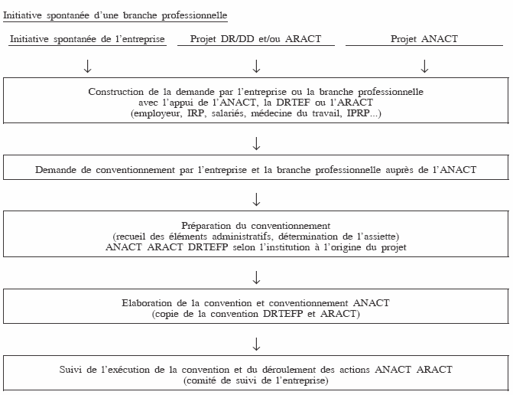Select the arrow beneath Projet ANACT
424,67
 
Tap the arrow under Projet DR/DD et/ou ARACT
256,67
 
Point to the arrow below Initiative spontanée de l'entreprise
88,67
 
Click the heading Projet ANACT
424,40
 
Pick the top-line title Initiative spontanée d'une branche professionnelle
115,15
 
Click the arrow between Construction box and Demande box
256,142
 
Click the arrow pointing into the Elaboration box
256,276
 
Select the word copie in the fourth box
170,314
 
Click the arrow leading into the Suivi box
256,342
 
